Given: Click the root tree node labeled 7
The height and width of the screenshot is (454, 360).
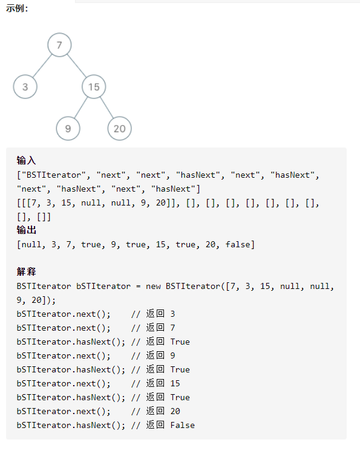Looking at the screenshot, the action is pos(59,45).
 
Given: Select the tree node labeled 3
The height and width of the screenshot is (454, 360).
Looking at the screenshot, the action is pos(25,86).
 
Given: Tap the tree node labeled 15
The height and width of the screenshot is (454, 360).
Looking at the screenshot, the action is pos(94,86).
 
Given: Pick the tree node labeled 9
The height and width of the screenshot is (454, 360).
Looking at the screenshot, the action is pos(68,128).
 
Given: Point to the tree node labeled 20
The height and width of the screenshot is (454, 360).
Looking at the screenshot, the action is pos(119,128).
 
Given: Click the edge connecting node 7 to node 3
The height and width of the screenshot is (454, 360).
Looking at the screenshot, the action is pos(42,66).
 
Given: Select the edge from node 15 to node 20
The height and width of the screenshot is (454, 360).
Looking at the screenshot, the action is pos(106,108).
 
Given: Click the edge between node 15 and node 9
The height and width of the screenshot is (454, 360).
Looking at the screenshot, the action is pos(81,108).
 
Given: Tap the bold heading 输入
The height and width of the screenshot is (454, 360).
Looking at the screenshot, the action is pos(26,160).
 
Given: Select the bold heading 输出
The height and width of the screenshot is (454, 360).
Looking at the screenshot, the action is pos(26,230).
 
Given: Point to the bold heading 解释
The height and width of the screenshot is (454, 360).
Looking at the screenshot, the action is pos(26,271).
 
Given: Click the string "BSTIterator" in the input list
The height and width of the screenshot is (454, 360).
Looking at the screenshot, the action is pos(54,175).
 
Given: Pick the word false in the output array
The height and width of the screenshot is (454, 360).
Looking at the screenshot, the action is pos(238,245).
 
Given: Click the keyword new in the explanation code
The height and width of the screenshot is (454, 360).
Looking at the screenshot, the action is pos(153,287).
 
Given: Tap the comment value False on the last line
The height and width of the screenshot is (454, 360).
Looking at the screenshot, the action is pos(183,426).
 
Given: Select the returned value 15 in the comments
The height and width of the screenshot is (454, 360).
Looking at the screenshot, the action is pos(175,384).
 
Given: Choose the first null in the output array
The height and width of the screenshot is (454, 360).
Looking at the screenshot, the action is pos(31,245).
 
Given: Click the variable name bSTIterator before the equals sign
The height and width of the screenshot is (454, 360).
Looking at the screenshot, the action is pos(103,287).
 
